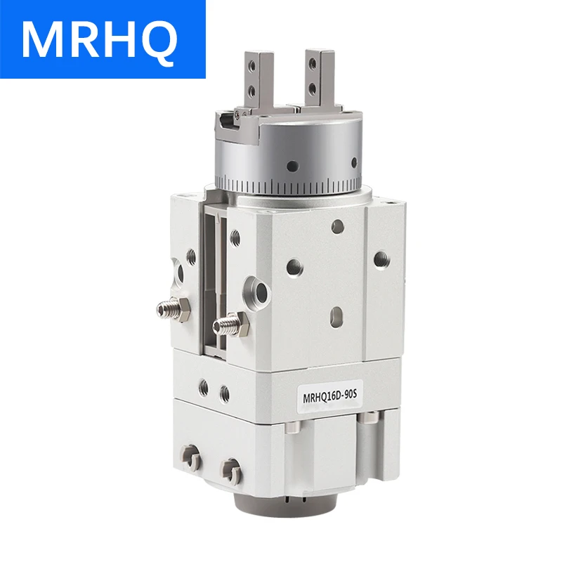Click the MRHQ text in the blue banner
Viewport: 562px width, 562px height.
coord(100,39)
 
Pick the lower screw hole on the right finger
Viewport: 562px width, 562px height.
coord(312,87)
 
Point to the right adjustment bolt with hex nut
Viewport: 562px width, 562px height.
coord(230,325)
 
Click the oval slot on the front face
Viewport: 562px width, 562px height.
coord(337,318)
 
